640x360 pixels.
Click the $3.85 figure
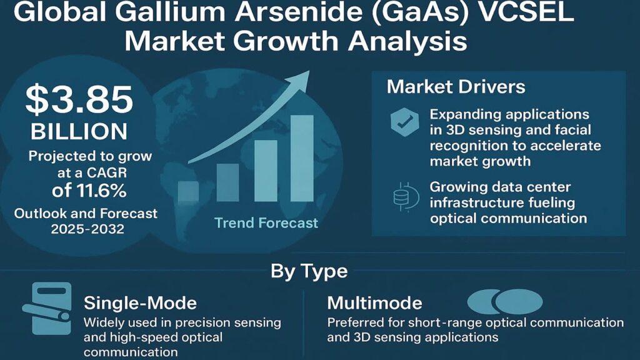coord(79,100)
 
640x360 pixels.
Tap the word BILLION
coord(79,132)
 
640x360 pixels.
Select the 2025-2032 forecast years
coord(87,229)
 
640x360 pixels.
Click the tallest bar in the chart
coord(302,158)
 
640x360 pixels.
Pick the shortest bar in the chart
coord(189,191)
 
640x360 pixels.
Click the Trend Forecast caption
coord(266,223)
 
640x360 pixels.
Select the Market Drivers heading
coord(456,87)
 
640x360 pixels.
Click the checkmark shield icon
coord(404,122)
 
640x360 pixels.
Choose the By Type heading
coord(309,271)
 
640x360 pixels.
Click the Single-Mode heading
coord(141,303)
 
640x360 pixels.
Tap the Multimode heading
coord(375,303)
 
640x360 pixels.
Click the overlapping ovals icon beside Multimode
coord(505,302)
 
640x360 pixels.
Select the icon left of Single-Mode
coord(47,308)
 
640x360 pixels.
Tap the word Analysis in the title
coord(407,41)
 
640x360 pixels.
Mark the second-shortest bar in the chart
coord(227,182)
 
